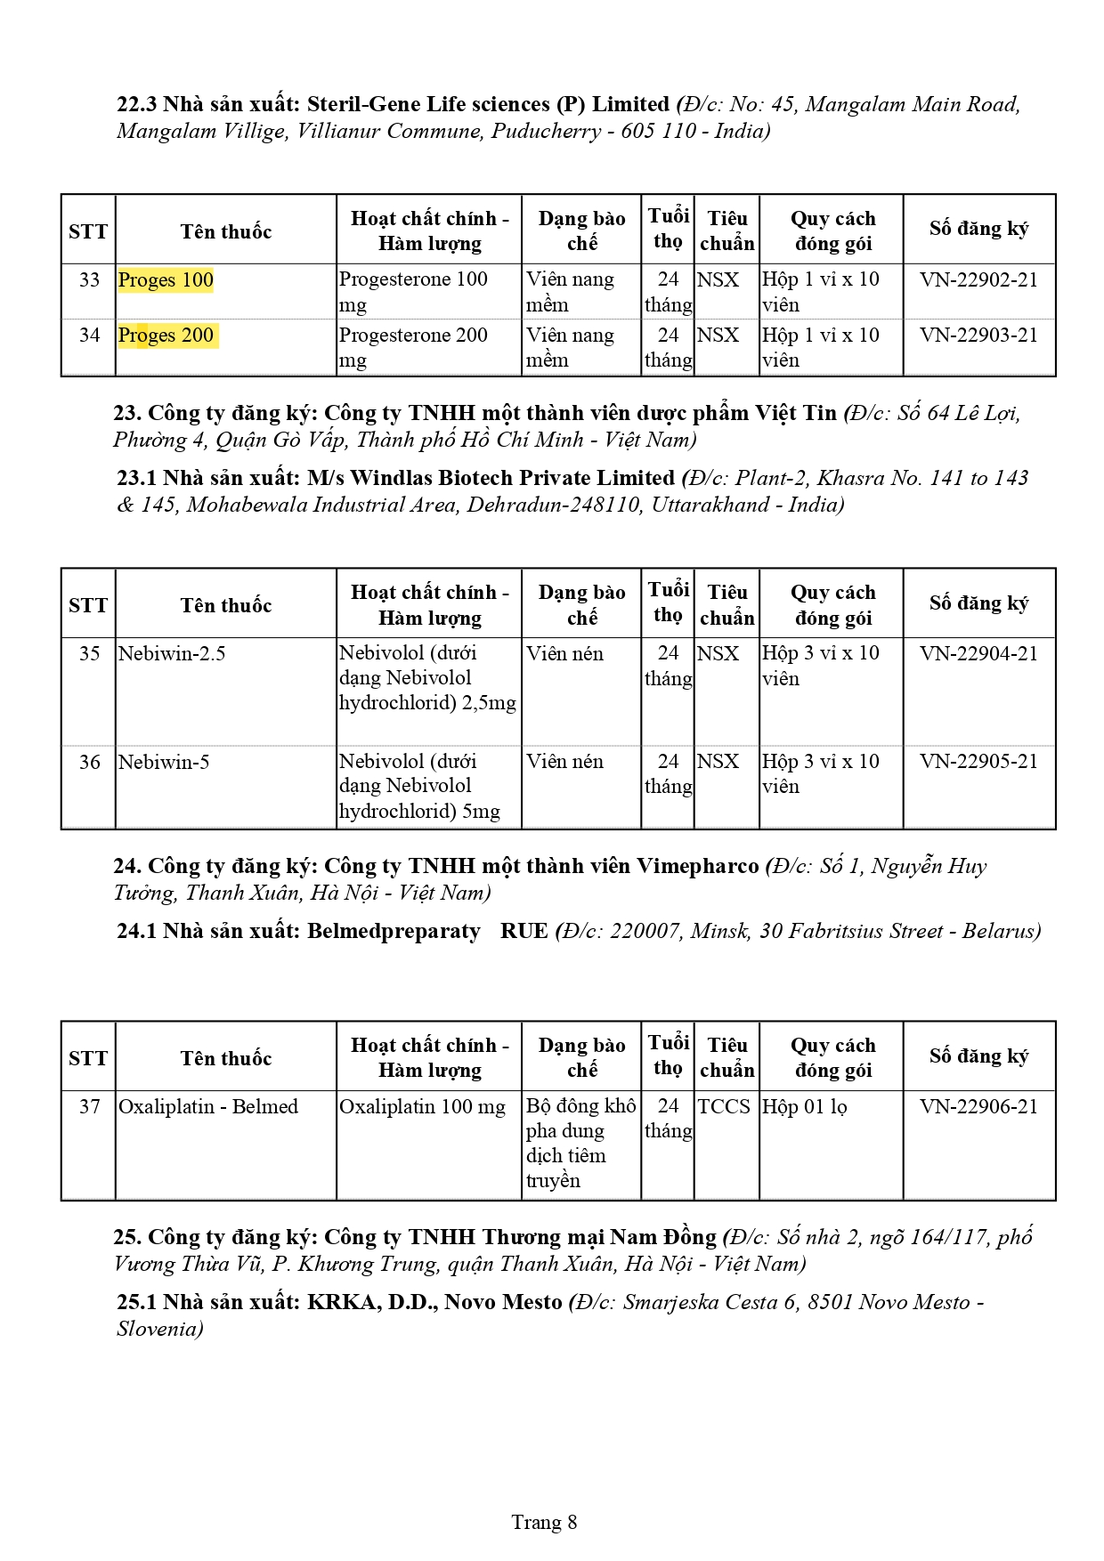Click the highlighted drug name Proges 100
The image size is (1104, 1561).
pyautogui.click(x=166, y=280)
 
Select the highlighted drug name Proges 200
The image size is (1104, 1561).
pyautogui.click(x=166, y=336)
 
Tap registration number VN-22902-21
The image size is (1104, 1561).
pyautogui.click(x=978, y=280)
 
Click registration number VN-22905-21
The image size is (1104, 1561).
pyautogui.click(x=978, y=762)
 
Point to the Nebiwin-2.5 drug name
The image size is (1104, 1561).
pyautogui.click(x=172, y=654)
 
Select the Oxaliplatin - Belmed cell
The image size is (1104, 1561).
pyautogui.click(x=208, y=1107)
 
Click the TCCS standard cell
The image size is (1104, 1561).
pyautogui.click(x=724, y=1107)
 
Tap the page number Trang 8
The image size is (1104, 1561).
pyautogui.click(x=544, y=1522)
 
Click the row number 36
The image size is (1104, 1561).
pyautogui.click(x=89, y=763)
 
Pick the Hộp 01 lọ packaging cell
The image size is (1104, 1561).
pyautogui.click(x=804, y=1107)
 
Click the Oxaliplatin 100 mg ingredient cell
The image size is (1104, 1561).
pyautogui.click(x=422, y=1107)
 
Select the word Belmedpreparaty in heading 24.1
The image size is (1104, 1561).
pyautogui.click(x=394, y=932)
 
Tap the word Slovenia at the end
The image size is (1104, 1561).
pyautogui.click(x=158, y=1330)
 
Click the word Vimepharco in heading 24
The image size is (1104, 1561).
pyautogui.click(x=698, y=867)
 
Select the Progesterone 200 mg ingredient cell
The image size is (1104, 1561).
pyautogui.click(x=413, y=347)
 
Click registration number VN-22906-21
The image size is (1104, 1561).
pyautogui.click(x=978, y=1107)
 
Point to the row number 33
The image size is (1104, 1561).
pyautogui.click(x=89, y=280)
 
